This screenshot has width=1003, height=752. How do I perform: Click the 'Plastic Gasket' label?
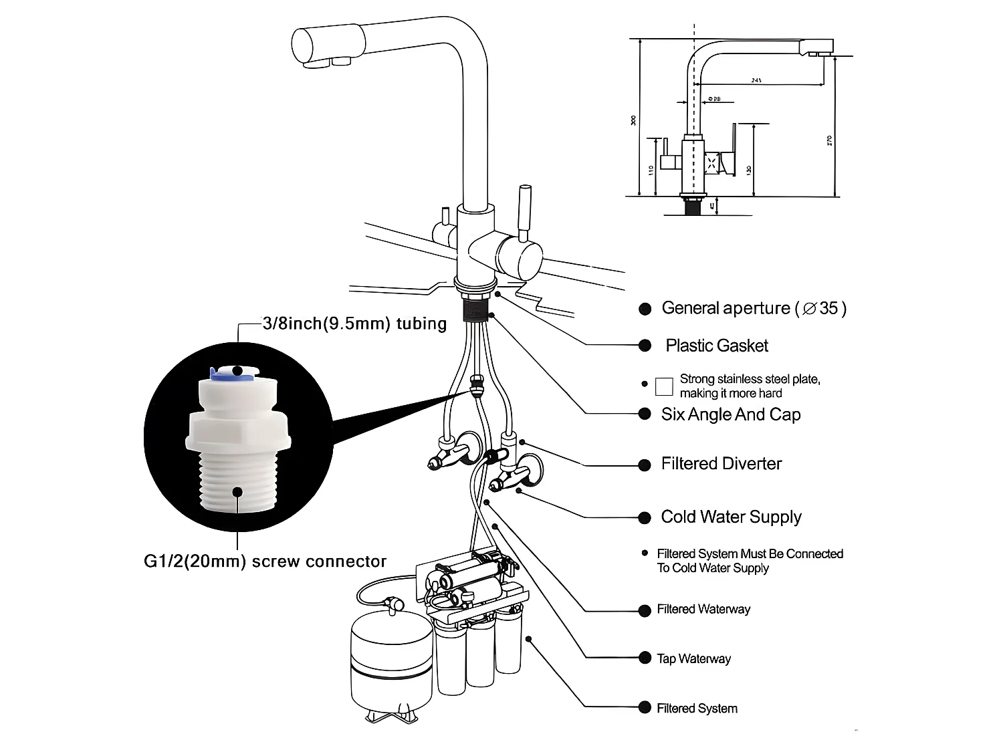pos(716,346)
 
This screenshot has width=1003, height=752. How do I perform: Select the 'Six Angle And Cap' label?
pos(730,414)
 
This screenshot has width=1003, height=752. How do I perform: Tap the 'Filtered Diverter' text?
pos(721,464)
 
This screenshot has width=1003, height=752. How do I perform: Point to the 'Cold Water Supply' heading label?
pos(731,517)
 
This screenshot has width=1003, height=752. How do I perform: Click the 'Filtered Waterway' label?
pos(703,609)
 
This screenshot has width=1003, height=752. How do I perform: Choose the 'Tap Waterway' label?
pos(693,658)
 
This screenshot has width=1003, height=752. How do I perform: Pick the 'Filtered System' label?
pos(697,708)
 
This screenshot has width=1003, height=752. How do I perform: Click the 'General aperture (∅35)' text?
pos(753,308)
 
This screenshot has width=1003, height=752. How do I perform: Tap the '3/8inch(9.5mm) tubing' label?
pos(354,324)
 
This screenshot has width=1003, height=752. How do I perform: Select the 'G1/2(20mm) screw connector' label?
pos(265,561)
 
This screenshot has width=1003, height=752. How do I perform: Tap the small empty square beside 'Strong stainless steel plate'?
pos(664,386)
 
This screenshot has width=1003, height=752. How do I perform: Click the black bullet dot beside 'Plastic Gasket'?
pos(645,346)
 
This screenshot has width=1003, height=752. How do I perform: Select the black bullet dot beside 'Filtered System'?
pos(645,707)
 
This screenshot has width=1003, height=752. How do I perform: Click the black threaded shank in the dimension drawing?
pos(693,206)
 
